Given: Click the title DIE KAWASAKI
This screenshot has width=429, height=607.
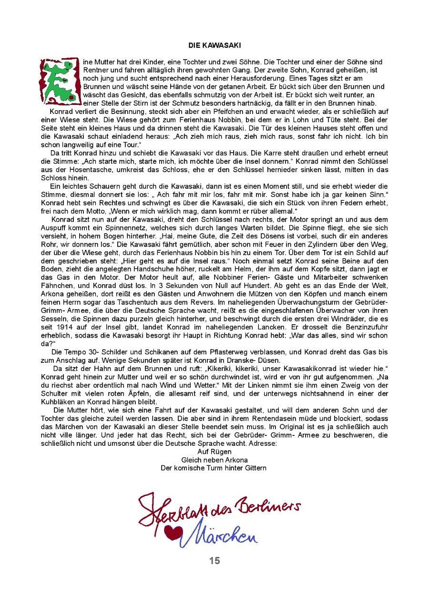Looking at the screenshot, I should (x=214, y=45).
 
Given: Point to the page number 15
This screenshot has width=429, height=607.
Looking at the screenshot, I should (x=214, y=561).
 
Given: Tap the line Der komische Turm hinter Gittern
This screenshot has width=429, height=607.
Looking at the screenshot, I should (x=214, y=468).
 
